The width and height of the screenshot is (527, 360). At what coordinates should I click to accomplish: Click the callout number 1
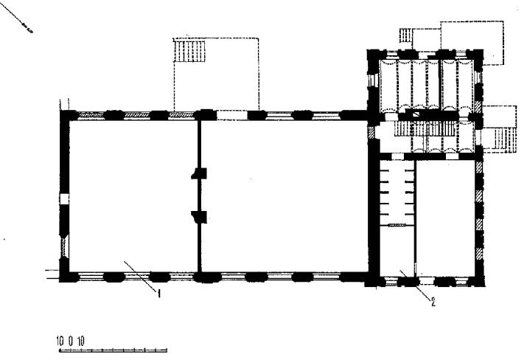tap(159, 294)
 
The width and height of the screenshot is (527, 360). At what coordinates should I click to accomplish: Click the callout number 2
tap(433, 302)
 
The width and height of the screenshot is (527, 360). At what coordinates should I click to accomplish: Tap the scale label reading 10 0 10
tap(71, 342)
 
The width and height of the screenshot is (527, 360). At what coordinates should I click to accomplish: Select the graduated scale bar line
tap(113, 350)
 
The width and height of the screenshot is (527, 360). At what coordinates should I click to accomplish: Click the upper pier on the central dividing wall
tap(199, 173)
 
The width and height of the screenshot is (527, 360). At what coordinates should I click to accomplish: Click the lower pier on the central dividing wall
tap(199, 217)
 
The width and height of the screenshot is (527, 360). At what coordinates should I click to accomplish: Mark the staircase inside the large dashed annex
tap(189, 51)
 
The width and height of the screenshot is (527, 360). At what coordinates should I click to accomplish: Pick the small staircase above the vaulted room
tap(405, 35)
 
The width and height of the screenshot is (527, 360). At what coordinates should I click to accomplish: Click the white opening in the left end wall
tap(64, 198)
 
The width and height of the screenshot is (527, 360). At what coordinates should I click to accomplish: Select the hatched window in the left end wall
tap(64, 247)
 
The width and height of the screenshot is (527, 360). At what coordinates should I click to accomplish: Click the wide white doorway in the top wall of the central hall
tap(232, 115)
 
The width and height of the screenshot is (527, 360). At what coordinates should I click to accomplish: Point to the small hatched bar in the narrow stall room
tap(397, 225)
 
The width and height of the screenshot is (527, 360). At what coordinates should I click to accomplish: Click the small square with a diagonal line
tap(416, 115)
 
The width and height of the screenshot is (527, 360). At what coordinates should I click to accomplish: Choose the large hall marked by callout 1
tap(133, 196)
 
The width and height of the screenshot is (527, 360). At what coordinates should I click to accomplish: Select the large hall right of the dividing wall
tap(285, 196)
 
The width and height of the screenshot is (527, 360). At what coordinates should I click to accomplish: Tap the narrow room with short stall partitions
tap(397, 218)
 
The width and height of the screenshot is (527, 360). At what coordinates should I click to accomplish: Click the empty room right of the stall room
tap(445, 218)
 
